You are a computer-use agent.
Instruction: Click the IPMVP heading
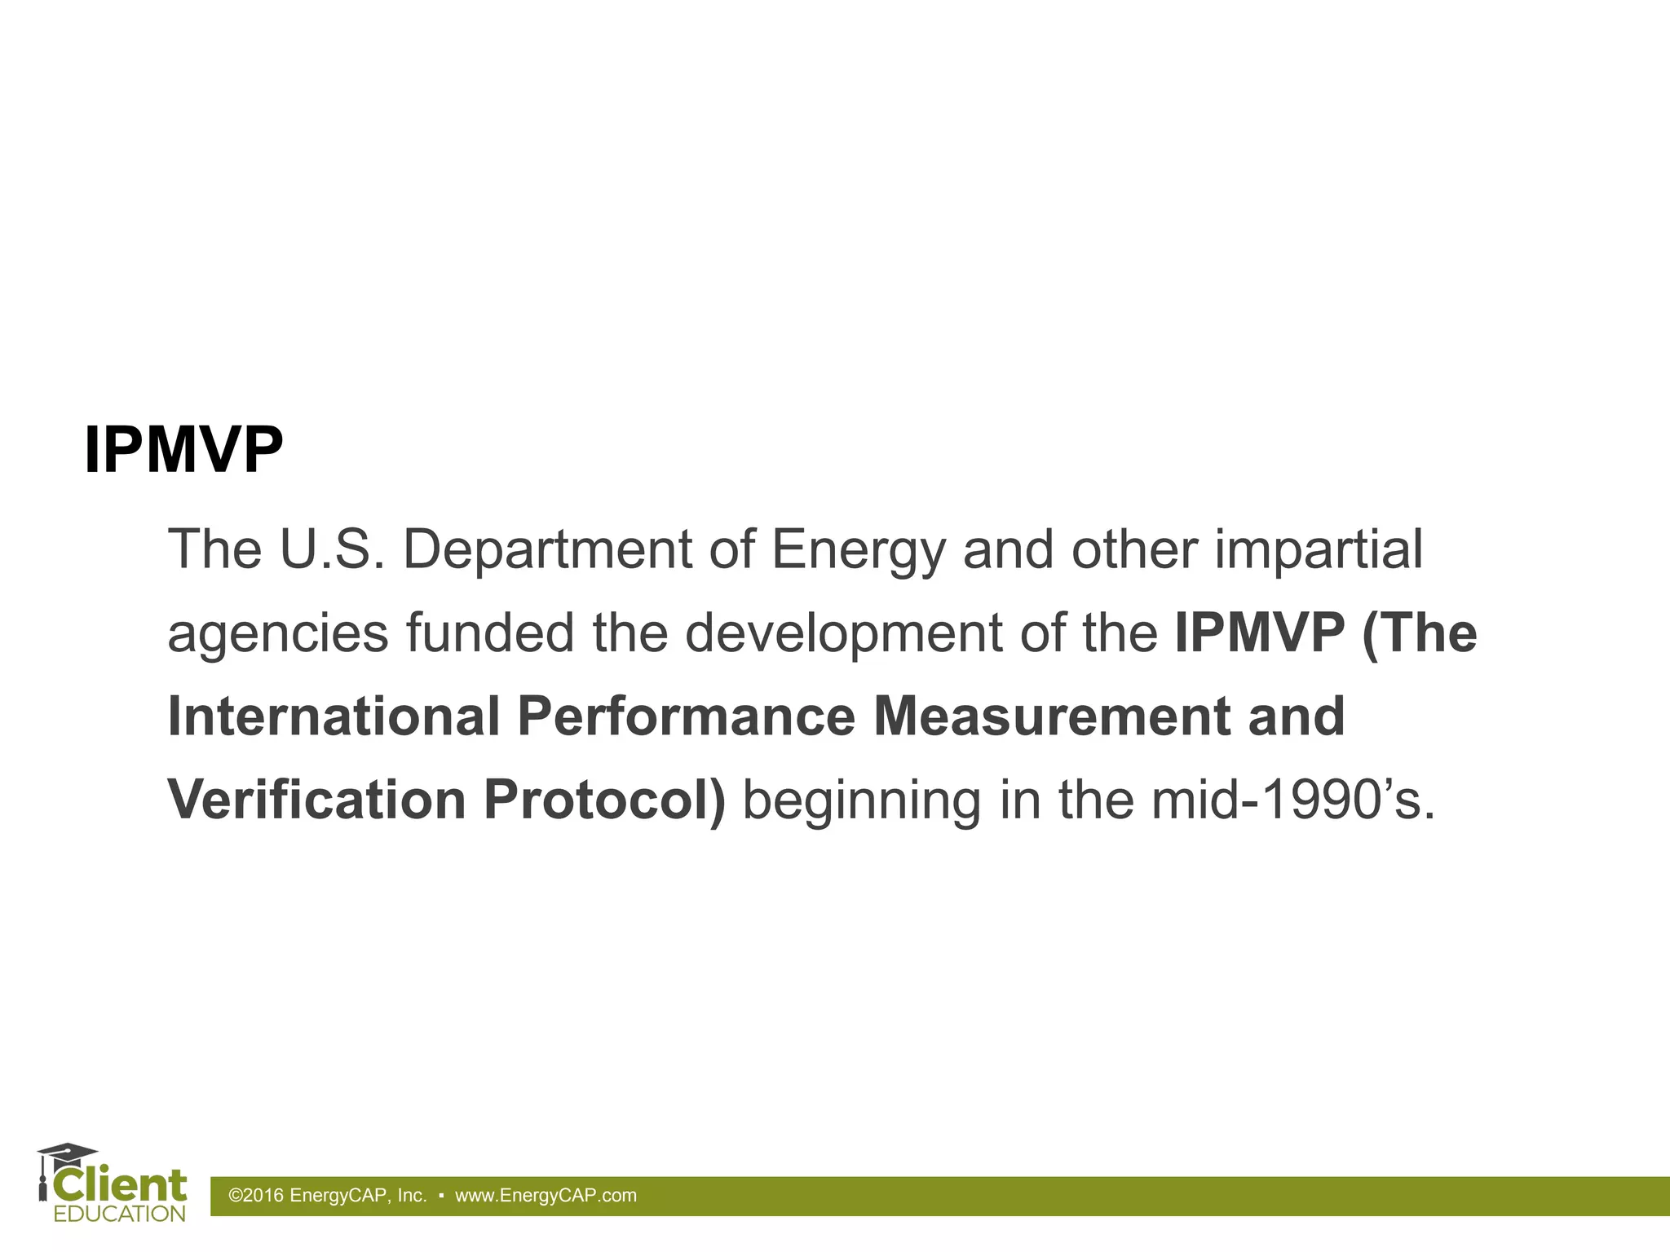(183, 451)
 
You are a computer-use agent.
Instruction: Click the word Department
(546, 550)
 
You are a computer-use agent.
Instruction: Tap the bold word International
(334, 716)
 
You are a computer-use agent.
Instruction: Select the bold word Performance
(686, 716)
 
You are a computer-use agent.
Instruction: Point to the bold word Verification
(316, 800)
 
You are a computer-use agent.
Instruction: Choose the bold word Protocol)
(604, 800)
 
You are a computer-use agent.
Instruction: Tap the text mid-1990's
(1292, 800)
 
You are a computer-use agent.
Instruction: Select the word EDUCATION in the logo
(120, 1214)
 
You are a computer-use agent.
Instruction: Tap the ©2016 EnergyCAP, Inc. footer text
(328, 1196)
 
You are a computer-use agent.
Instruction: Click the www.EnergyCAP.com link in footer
(546, 1196)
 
